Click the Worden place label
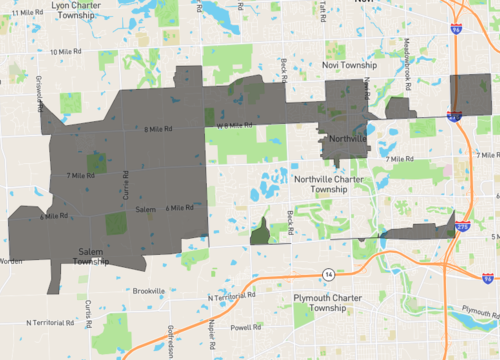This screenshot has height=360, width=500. tap(10, 261)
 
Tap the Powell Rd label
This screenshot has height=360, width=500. tap(245, 327)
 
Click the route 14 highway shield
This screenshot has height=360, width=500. tap(328, 273)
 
